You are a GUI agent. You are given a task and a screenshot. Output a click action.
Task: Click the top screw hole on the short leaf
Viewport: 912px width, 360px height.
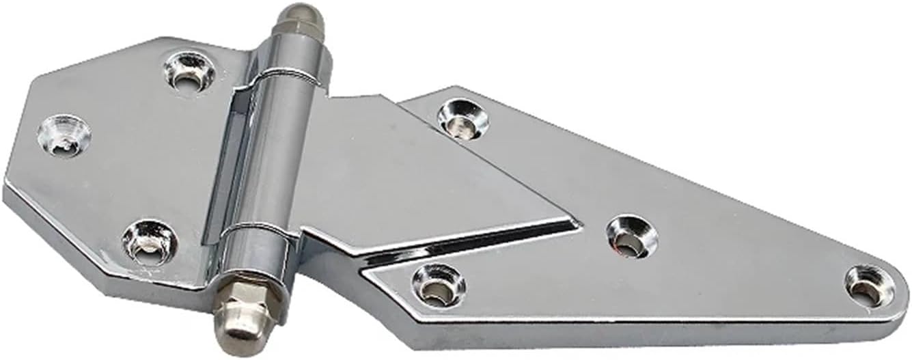[x=189, y=70]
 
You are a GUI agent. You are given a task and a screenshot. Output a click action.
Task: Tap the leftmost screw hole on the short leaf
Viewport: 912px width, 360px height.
[x=64, y=133]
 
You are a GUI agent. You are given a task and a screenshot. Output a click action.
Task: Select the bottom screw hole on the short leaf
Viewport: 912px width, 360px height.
[x=150, y=242]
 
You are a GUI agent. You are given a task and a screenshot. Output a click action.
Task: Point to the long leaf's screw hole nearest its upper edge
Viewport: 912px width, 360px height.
[x=463, y=118]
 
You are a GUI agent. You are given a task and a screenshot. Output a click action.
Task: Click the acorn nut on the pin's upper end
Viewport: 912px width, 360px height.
[x=301, y=27]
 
